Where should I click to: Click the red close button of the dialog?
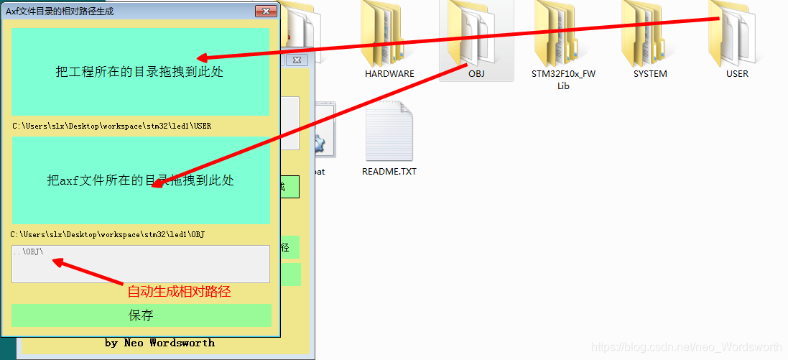point(266,11)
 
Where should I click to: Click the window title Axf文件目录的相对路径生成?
point(60,11)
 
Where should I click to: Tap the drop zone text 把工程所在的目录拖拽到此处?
point(139,72)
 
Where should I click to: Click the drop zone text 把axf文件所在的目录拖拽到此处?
point(141,180)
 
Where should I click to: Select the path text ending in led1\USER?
point(111,126)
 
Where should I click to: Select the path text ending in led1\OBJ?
point(108,234)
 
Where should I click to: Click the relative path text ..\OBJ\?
point(28,252)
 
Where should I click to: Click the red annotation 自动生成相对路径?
point(179,292)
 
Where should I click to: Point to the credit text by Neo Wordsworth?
point(159,343)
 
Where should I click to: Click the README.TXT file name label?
point(389,172)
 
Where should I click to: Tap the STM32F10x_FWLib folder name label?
point(563,79)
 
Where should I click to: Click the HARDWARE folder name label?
point(389,73)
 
